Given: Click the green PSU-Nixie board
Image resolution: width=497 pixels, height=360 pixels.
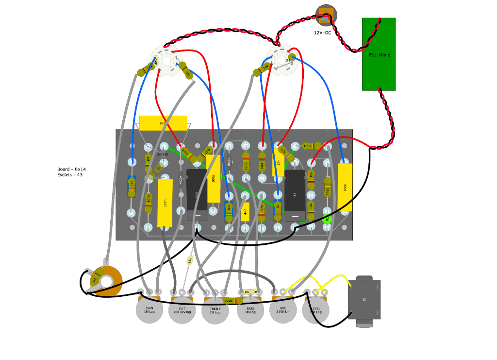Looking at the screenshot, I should (x=379, y=54).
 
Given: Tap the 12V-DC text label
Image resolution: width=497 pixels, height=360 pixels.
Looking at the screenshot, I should (x=322, y=33).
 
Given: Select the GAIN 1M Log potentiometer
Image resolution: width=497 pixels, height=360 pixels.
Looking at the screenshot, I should (x=149, y=311).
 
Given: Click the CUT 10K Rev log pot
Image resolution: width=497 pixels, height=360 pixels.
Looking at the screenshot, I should (x=182, y=311).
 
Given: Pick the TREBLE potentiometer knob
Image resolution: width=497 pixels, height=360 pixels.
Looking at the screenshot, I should (x=215, y=311).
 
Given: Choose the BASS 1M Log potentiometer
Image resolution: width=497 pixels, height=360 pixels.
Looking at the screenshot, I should (x=250, y=311).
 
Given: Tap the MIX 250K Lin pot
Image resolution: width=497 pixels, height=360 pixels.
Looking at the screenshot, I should (x=282, y=311).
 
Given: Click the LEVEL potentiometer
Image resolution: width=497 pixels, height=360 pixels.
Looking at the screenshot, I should (x=315, y=311).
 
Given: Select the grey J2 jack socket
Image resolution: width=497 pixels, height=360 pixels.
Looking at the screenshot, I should (x=364, y=301).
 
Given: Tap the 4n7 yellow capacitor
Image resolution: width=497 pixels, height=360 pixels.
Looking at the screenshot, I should (x=245, y=212).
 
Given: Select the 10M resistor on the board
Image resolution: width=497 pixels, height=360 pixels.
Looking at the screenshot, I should (x=262, y=165).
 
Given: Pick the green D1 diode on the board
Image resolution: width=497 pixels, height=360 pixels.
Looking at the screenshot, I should (x=327, y=220).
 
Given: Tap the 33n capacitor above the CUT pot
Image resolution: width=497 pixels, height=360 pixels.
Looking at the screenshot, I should (x=190, y=260).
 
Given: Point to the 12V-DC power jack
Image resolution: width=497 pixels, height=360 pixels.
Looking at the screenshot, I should (x=325, y=15).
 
